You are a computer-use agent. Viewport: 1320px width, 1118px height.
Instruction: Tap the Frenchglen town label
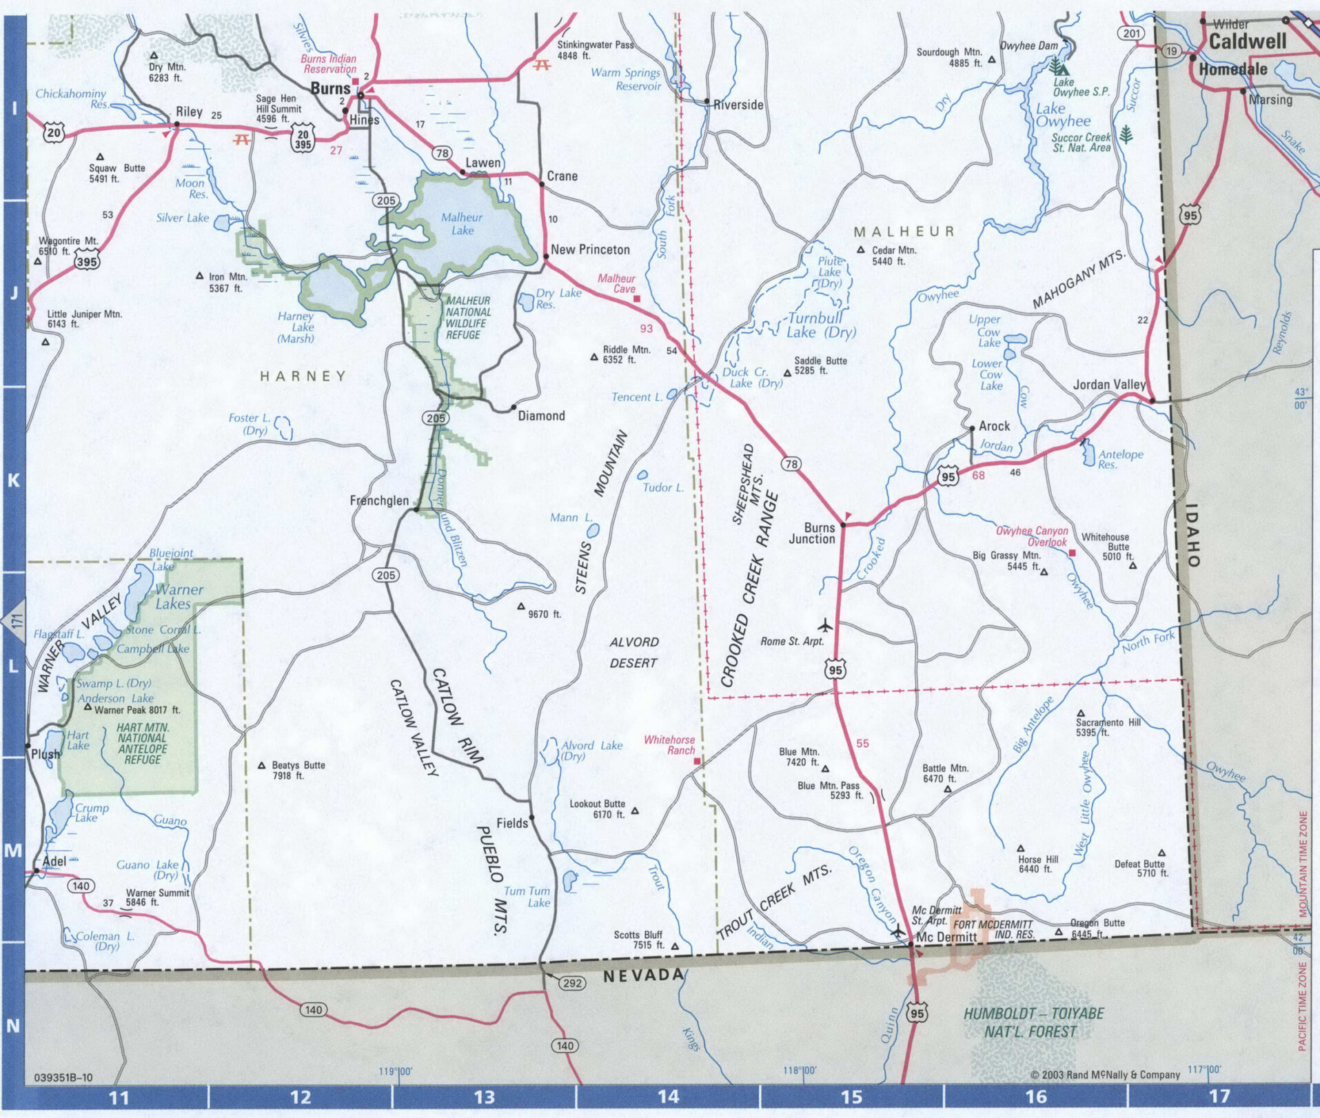[379, 500]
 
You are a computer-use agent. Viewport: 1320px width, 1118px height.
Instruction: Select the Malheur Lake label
[462, 223]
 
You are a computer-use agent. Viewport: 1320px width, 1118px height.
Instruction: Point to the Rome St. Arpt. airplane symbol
[825, 626]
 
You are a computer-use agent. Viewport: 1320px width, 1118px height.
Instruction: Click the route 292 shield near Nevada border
[572, 983]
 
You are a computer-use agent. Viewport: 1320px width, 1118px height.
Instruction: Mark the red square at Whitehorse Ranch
[697, 761]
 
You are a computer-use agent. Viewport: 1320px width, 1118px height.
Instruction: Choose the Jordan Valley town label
[1108, 385]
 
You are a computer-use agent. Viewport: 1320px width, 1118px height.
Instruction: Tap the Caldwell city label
[1247, 41]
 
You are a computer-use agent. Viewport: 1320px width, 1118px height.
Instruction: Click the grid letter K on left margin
[13, 480]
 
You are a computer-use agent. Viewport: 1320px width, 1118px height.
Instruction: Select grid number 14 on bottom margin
[667, 1096]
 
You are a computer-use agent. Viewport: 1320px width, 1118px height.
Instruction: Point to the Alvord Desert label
[633, 652]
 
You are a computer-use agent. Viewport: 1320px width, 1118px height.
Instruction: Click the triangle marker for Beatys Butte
[262, 765]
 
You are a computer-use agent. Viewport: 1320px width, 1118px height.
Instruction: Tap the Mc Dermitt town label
[946, 937]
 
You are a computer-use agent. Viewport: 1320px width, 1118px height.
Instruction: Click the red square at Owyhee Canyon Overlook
[1072, 553]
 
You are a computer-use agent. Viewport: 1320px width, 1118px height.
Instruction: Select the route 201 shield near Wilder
[1131, 33]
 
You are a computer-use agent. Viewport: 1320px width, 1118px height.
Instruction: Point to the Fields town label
[511, 823]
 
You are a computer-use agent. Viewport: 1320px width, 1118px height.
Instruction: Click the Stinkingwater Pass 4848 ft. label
[595, 50]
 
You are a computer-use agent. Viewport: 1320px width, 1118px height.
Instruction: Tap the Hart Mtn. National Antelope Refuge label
[143, 743]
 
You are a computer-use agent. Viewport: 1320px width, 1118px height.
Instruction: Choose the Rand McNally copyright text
[1105, 1075]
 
